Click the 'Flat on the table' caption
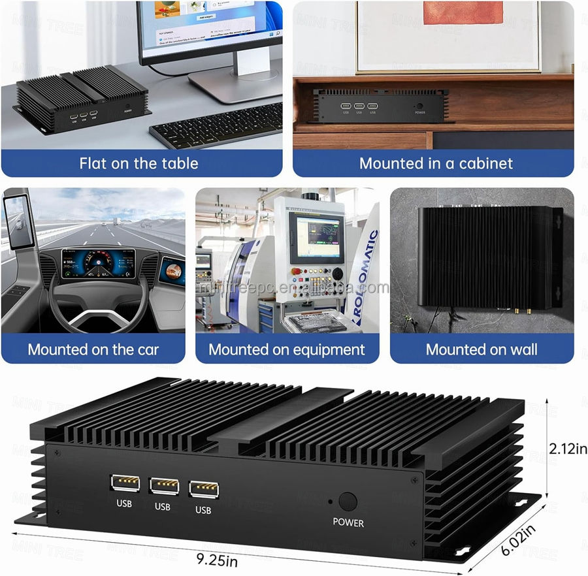(139, 163)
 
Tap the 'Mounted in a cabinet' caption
(436, 163)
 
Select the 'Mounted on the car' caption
(93, 349)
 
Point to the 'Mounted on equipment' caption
(287, 349)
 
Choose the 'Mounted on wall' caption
(482, 349)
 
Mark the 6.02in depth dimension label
(520, 540)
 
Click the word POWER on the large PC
(348, 522)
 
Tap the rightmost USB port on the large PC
(204, 490)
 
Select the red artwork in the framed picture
(463, 21)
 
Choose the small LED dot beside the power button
(331, 501)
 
